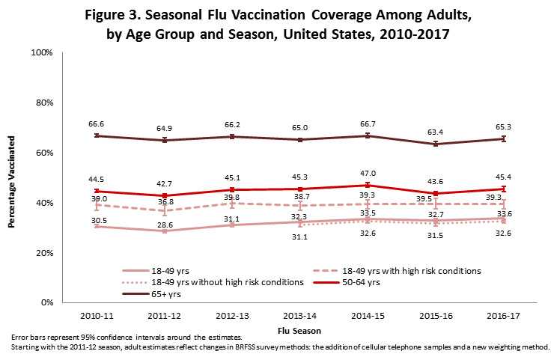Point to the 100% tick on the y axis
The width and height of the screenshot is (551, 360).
[40, 52]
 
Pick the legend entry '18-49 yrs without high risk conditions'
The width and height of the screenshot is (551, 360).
[212, 281]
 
